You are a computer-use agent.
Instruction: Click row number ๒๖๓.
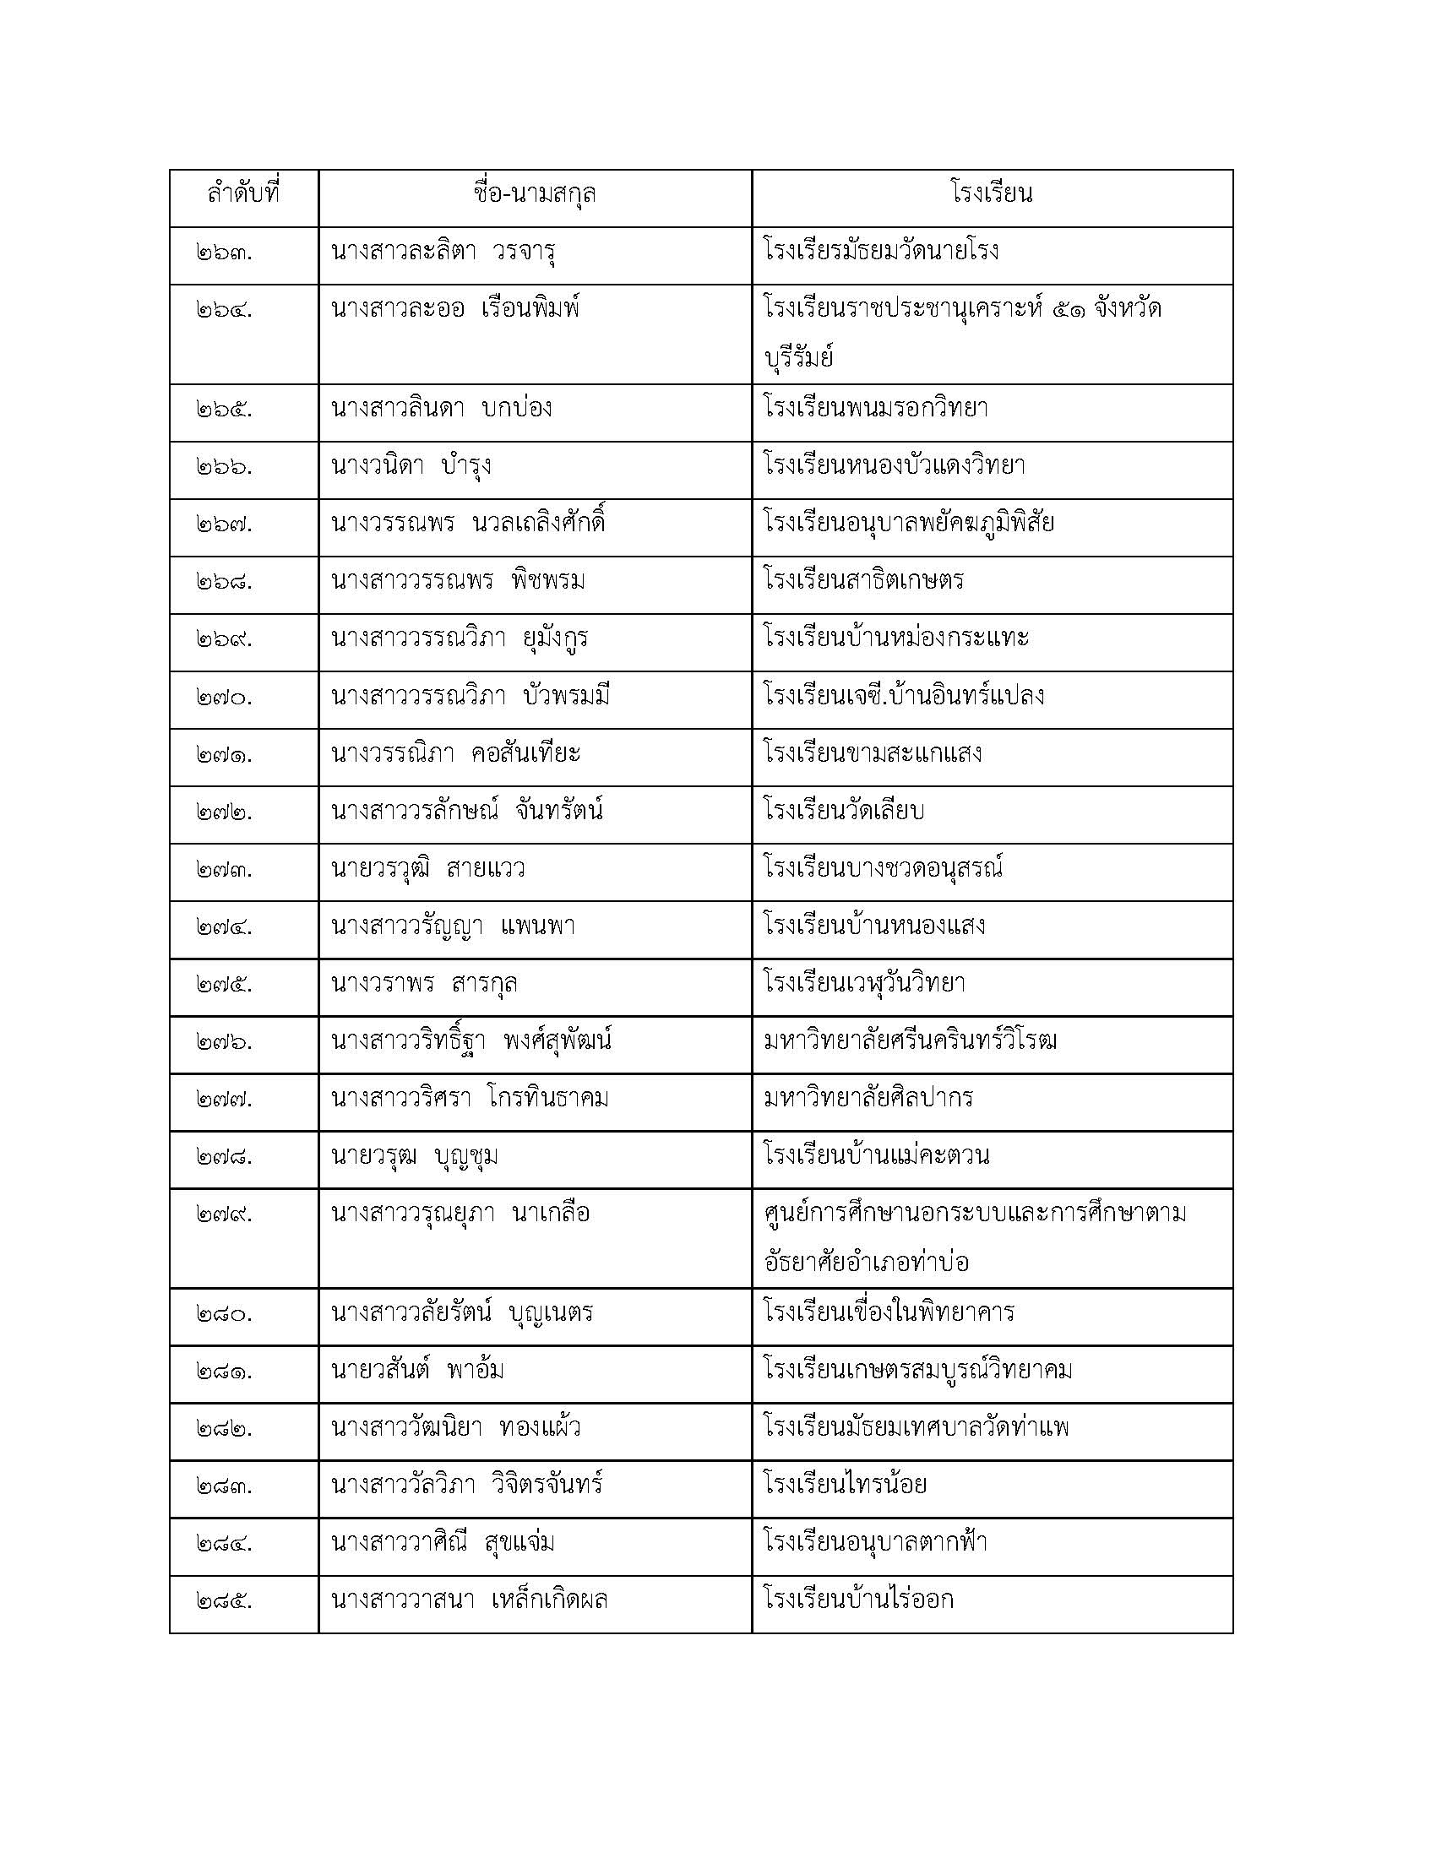[224, 253]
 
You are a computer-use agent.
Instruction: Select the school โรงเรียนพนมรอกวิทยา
[875, 410]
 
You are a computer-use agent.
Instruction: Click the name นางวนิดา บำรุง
[411, 467]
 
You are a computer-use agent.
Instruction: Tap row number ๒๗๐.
[224, 698]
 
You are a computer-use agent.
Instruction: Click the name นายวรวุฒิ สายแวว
[428, 870]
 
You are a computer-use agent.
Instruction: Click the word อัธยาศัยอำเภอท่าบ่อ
[867, 1263]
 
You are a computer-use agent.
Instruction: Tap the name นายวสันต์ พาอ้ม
[416, 1371]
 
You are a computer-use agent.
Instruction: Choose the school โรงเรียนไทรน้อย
[846, 1486]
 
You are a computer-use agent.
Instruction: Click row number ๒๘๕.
[224, 1601]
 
